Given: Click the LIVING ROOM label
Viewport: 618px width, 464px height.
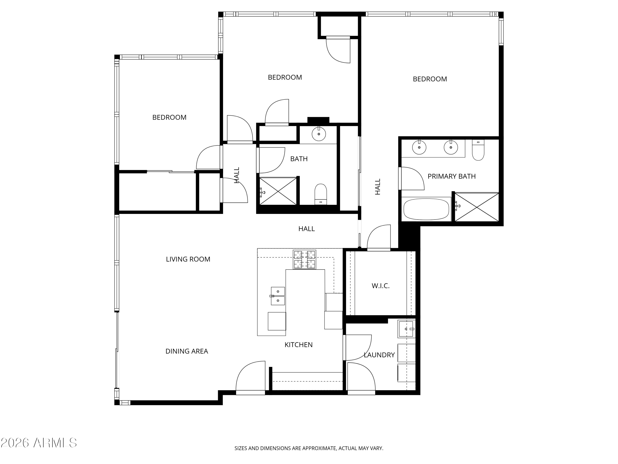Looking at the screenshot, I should [x=188, y=259].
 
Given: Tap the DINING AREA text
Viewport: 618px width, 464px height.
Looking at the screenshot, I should [x=187, y=351].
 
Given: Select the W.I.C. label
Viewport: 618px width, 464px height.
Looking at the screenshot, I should [x=380, y=286].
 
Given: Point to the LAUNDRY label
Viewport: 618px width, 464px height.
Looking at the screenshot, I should [x=379, y=355].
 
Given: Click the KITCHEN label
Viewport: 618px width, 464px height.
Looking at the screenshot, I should [x=298, y=345].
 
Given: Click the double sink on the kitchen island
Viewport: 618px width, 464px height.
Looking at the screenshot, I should [x=278, y=296].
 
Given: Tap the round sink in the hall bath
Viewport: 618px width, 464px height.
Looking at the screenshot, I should [x=318, y=134].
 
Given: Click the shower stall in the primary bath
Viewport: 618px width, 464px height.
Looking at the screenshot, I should [x=477, y=207].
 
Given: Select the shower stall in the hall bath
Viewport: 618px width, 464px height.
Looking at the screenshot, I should [x=278, y=192].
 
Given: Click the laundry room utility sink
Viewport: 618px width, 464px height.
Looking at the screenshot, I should [x=406, y=329].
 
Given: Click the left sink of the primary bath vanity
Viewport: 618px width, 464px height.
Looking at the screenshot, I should [x=419, y=147].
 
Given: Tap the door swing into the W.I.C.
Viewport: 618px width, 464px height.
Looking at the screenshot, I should [x=379, y=237].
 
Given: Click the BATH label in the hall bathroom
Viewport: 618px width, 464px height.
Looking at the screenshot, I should [x=299, y=159].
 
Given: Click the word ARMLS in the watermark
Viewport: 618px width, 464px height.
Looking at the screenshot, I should [x=55, y=443].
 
